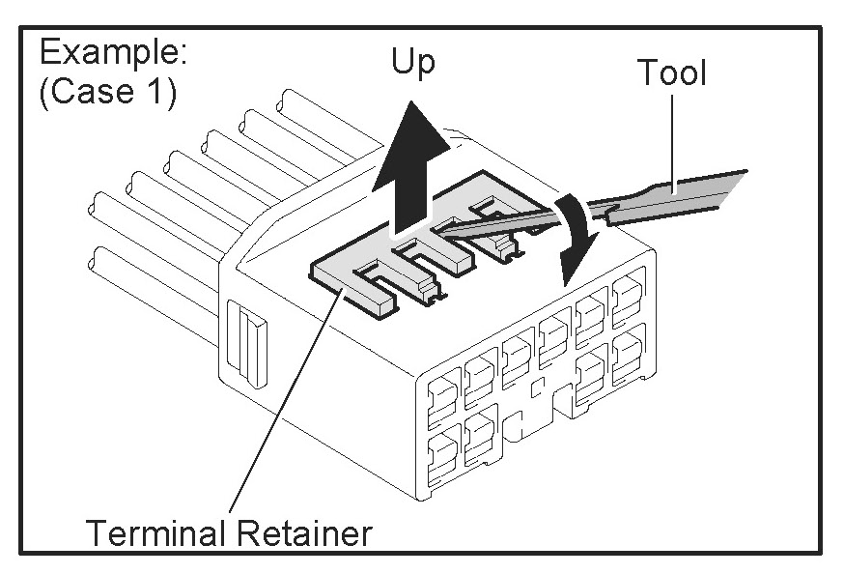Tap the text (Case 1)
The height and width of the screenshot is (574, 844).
click(x=107, y=97)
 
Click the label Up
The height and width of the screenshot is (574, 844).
click(x=412, y=64)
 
